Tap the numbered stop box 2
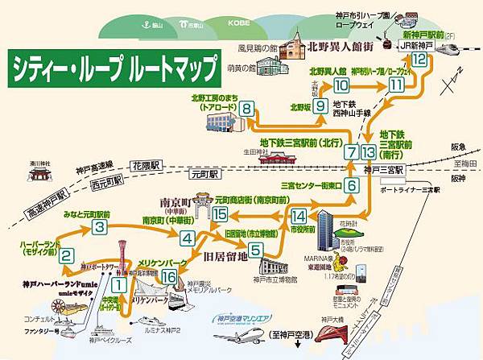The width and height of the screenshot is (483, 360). [x=68, y=258]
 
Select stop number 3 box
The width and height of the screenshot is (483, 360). [x=99, y=227]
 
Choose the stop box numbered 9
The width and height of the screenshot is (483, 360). [x=320, y=106]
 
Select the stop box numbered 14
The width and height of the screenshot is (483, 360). [x=299, y=216]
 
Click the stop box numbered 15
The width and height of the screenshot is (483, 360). [x=221, y=213]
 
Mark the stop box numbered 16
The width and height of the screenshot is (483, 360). [x=168, y=277]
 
